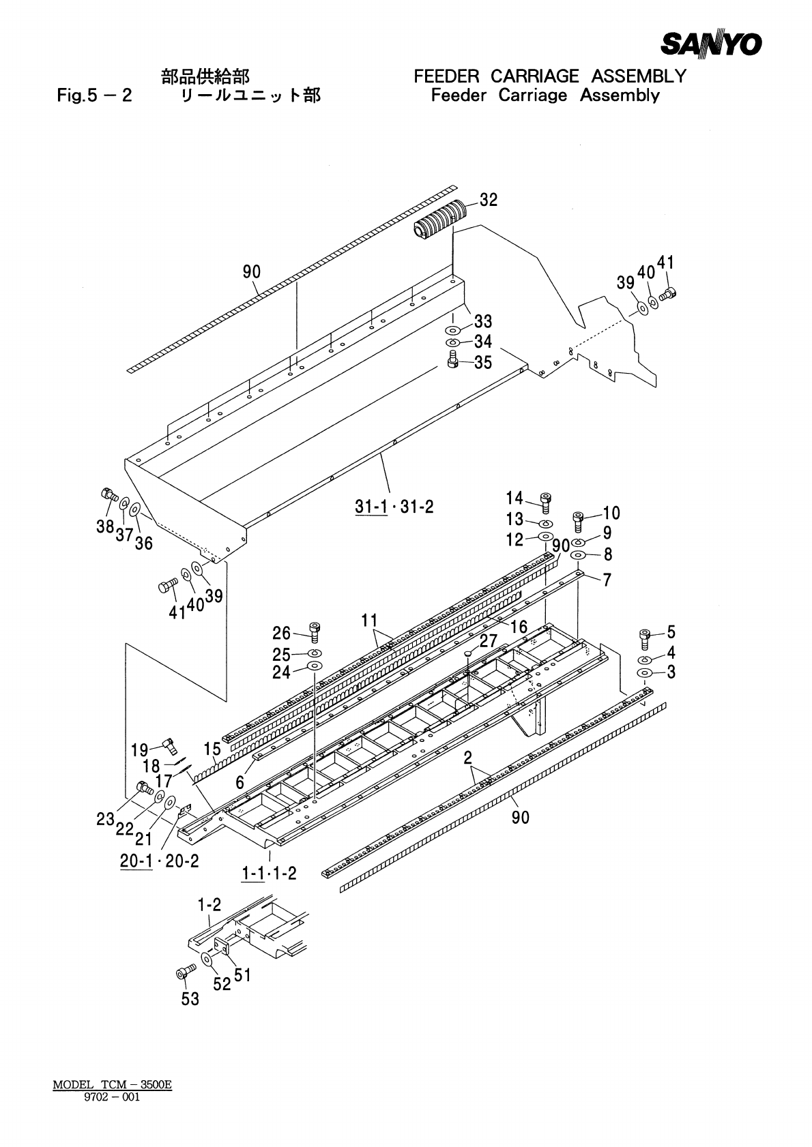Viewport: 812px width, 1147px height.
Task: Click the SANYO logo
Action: [x=710, y=44]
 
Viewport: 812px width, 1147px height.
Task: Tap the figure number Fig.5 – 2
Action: [x=94, y=95]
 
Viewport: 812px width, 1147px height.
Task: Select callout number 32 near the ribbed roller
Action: [x=489, y=200]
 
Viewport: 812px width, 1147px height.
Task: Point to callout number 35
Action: [x=483, y=362]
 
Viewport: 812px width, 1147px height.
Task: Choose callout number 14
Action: [x=514, y=498]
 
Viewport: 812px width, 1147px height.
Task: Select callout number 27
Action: [x=489, y=641]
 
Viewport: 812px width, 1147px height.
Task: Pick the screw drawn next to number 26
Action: [x=315, y=631]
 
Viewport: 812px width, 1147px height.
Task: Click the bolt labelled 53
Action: [x=183, y=973]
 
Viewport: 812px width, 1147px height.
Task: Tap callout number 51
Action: [x=242, y=975]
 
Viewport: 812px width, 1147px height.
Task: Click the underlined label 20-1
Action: [x=136, y=861]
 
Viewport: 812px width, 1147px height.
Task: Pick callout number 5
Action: [x=671, y=631]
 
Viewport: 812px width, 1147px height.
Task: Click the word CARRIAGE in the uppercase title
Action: [x=535, y=76]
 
